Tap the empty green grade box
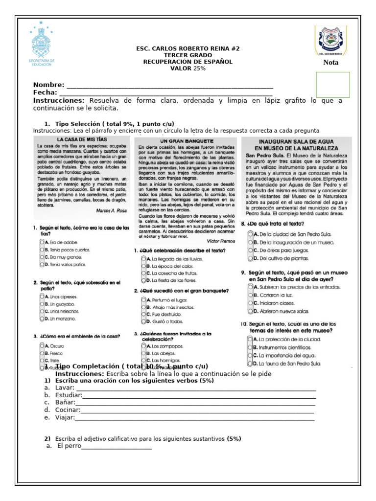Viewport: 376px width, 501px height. point(333,84)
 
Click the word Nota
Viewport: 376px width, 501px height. point(330,63)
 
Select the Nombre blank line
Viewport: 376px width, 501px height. point(169,86)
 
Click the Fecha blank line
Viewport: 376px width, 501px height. point(165,93)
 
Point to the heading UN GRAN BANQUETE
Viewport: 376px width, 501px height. point(180,140)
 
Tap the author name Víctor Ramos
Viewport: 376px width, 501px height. point(214,241)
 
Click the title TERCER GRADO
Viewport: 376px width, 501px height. point(188,55)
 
